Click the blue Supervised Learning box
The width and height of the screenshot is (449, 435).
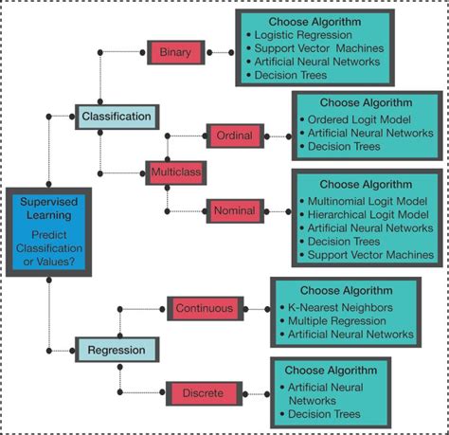point(48,230)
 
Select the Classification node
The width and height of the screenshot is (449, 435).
point(117,117)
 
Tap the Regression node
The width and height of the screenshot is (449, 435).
point(117,351)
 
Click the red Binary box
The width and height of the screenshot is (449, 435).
point(175,52)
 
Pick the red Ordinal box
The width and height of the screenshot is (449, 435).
point(234,136)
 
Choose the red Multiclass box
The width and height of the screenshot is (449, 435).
point(174,173)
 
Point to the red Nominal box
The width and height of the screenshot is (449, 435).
point(234,209)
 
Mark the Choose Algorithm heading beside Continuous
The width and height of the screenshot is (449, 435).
point(346,290)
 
